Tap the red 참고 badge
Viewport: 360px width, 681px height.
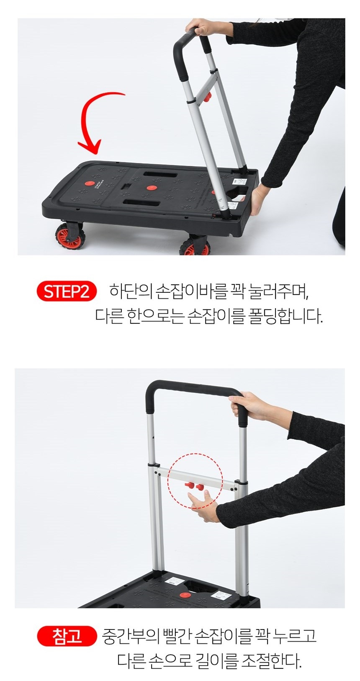(x=66, y=636)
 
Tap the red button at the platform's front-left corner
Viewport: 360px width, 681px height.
(x=88, y=183)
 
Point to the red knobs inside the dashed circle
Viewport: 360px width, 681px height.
(x=194, y=486)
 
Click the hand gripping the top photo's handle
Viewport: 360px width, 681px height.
(x=206, y=28)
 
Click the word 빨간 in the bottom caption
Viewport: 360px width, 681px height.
(x=180, y=636)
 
